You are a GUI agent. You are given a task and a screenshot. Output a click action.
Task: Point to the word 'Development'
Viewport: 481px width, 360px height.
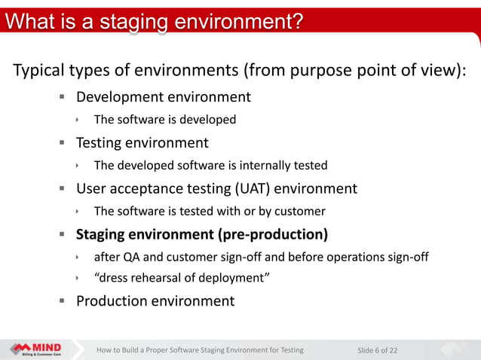point(119,97)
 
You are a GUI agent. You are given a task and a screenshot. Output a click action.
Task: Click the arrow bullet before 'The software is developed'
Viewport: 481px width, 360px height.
point(78,120)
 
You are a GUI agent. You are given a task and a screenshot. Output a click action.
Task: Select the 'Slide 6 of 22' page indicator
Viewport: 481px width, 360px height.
point(377,349)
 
